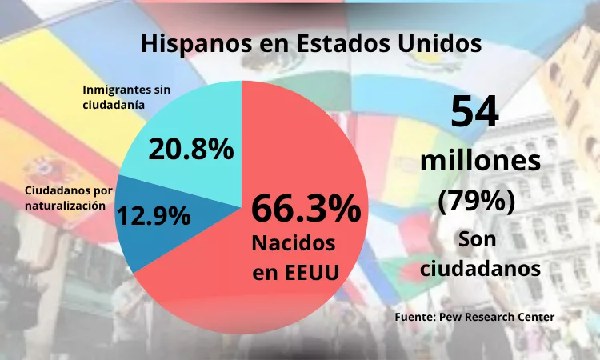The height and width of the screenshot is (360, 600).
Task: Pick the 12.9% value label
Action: [x=154, y=215]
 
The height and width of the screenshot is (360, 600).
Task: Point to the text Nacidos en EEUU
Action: [x=294, y=257]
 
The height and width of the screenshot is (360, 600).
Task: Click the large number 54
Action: [x=475, y=112]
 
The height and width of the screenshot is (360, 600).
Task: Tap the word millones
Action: [x=480, y=162]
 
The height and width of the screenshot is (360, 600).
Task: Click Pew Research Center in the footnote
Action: [x=496, y=318]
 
